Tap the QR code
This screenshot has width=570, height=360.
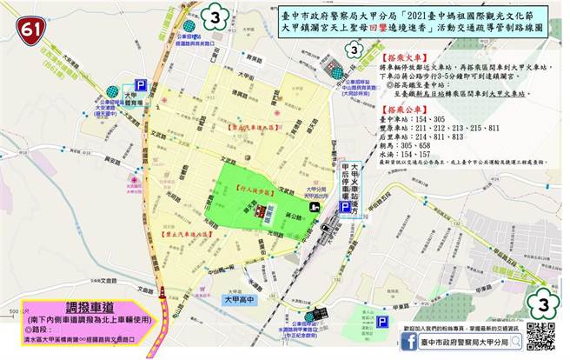click(x=540, y=336)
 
